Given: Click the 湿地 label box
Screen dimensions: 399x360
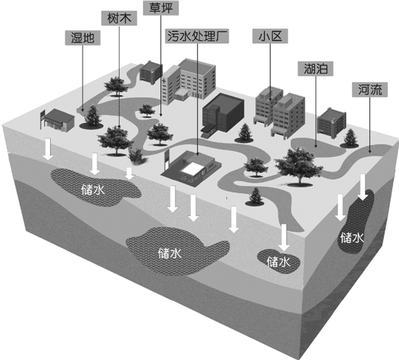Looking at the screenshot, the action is (83, 38).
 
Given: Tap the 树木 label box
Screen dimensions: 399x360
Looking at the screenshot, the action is (119, 18).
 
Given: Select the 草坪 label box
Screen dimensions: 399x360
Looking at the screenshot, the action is (161, 8).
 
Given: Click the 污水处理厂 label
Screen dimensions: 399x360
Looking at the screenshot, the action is (197, 36).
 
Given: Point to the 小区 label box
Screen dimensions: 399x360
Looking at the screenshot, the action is (271, 36).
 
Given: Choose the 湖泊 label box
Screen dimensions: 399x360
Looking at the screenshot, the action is (316, 68).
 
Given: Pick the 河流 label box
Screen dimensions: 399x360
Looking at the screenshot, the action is (370, 89).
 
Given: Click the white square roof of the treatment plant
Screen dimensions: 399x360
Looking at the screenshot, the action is (192, 169).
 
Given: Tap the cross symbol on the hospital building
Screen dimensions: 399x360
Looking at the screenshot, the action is (164, 81).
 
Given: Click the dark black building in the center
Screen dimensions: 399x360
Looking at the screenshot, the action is (223, 115).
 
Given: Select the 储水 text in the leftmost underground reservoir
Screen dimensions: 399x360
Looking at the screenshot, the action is (93, 189).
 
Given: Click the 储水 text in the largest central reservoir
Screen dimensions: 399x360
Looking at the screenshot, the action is (170, 253).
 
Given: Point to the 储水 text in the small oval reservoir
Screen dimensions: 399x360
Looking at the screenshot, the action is (279, 262).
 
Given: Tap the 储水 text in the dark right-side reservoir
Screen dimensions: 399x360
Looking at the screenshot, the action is (352, 238).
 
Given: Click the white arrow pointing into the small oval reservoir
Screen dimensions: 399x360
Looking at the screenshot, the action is (284, 237).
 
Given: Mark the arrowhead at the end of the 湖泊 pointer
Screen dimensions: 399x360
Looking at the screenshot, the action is (316, 146).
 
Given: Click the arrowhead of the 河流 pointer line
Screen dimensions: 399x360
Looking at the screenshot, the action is (370, 151).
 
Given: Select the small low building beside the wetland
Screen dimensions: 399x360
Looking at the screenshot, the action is (57, 120).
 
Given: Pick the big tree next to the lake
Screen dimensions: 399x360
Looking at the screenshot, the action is (298, 167).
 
